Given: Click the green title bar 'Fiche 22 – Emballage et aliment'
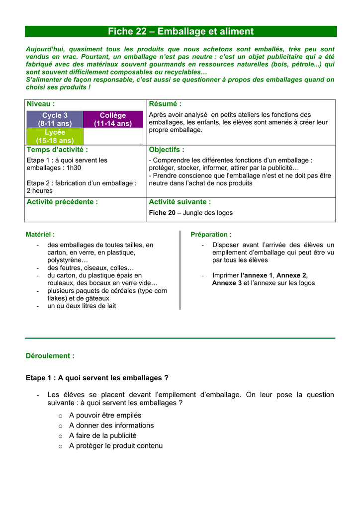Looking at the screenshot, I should [180, 31].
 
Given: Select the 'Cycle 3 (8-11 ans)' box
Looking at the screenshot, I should [55, 119].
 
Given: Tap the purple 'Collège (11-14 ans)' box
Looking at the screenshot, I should [113, 119].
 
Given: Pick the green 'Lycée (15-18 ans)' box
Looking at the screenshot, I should [55, 136].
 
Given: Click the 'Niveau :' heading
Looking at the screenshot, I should [41, 104].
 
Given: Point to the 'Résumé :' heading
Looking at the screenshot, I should [165, 104].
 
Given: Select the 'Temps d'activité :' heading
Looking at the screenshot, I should [57, 150].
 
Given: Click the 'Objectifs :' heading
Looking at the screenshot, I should [167, 150].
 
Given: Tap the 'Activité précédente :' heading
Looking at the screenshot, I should [62, 202].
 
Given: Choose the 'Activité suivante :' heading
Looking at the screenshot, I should [180, 202].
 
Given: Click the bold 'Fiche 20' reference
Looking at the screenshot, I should [162, 213].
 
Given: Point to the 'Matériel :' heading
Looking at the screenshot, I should [40, 234].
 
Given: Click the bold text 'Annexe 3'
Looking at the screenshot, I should [227, 283].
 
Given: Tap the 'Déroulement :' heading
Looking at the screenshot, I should [50, 356].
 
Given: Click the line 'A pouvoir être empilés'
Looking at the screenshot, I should [105, 415].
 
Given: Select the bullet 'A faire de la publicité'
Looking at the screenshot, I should [102, 435].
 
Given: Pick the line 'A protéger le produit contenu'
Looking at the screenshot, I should [116, 446].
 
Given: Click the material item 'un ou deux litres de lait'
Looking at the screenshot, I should [82, 306].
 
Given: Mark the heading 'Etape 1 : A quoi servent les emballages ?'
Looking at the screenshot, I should [97, 378].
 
